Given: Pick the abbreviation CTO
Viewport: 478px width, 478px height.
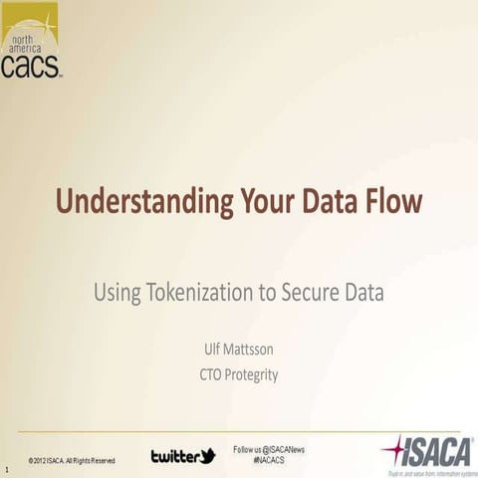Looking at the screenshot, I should pyautogui.click(x=212, y=375).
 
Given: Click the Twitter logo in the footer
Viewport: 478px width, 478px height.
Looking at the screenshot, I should pyautogui.click(x=182, y=456).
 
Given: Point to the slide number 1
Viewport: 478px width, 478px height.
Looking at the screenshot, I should pyautogui.click(x=7, y=467).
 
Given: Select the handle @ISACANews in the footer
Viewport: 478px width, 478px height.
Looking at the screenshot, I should pyautogui.click(x=280, y=450).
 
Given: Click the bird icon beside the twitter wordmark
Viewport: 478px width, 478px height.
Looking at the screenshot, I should pyautogui.click(x=206, y=455).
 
